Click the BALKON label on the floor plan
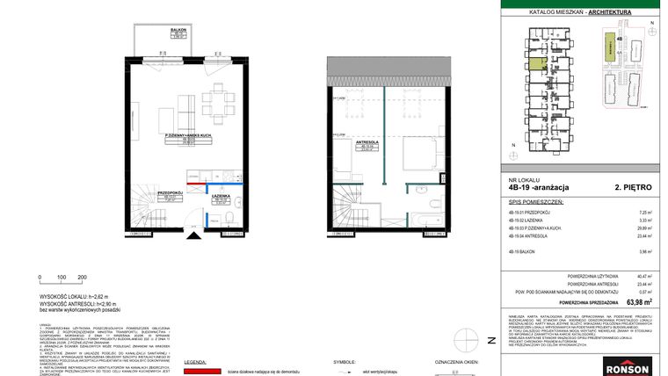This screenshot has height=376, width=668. tap(177, 29)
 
